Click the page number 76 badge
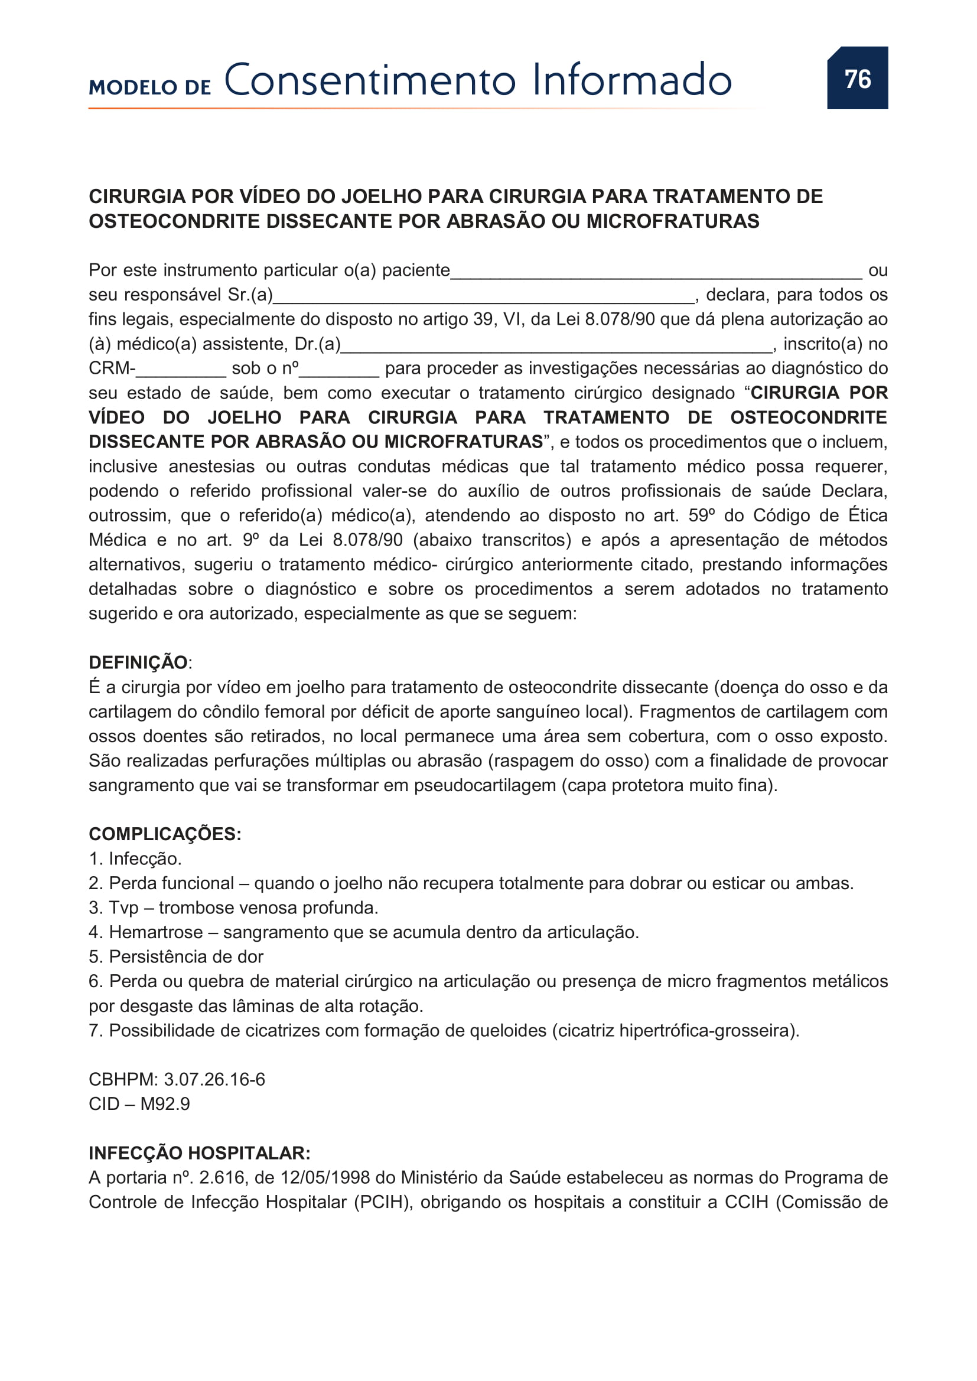[856, 78]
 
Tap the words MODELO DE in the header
[150, 88]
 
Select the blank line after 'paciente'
[656, 272]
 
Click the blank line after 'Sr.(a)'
[484, 296]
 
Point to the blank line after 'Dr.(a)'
[556, 346]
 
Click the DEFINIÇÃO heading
[138, 662]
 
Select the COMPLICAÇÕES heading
[165, 834]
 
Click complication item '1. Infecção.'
[135, 858]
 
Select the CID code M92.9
[165, 1104]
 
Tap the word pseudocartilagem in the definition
[484, 785]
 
